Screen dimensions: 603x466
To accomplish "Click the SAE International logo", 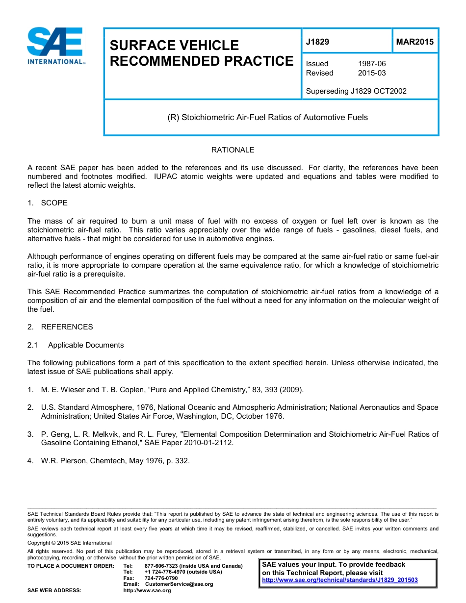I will (x=55, y=47).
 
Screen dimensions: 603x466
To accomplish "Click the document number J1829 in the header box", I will (x=317, y=42).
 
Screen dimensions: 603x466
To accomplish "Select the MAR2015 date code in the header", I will (x=414, y=42).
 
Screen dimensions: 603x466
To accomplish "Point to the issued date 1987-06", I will (x=372, y=64).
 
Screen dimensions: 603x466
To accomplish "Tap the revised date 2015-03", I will (x=372, y=73).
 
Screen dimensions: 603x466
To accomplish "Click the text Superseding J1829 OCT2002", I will (x=356, y=91).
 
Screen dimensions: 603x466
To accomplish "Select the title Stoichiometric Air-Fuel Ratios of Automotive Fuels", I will (x=267, y=118).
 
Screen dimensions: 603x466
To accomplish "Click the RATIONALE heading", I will (x=233, y=150).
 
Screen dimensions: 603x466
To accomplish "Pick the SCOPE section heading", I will (x=54, y=203).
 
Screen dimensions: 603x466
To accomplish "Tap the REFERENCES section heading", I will (x=67, y=327).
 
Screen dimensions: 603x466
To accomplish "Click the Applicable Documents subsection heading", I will (x=86, y=345).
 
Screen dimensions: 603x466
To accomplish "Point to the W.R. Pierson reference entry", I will (x=115, y=461).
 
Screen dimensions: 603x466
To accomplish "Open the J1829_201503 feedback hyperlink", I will (x=340, y=580).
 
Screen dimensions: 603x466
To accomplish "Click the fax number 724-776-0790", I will (x=161, y=578).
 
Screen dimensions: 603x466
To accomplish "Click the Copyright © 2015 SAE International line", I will (x=70, y=543).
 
